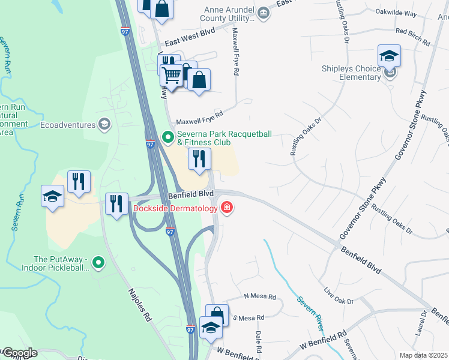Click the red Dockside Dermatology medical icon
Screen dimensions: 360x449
(227, 208)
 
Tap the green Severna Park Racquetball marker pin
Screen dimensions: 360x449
(168, 137)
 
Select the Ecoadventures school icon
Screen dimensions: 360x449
(104, 124)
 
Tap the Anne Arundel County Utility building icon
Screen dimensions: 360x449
(263, 13)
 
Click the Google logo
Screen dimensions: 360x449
(19, 353)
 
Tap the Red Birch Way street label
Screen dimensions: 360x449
(412, 36)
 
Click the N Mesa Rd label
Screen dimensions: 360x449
(260, 297)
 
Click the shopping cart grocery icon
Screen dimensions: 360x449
(172, 76)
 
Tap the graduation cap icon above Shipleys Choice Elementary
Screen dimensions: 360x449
(389, 56)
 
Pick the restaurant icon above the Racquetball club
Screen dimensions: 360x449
(199, 159)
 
